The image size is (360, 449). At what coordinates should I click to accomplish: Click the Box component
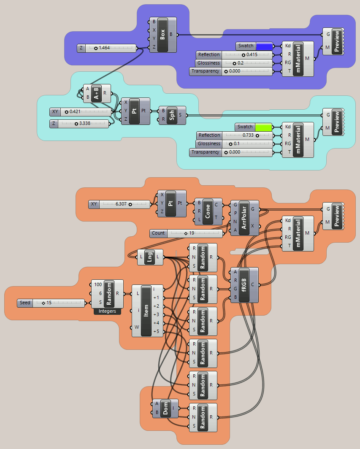tap(162, 35)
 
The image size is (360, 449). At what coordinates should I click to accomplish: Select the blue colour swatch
tap(264, 46)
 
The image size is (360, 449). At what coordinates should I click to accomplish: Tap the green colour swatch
tap(263, 127)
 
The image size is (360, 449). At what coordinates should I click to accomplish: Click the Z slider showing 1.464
tap(107, 48)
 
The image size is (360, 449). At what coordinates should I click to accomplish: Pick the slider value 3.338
tap(84, 124)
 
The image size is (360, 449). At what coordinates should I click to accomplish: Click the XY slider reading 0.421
tap(81, 112)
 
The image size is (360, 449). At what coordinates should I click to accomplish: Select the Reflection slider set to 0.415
tap(235, 55)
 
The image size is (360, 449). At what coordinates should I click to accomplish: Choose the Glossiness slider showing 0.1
tap(235, 144)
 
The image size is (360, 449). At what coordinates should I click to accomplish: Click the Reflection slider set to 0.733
tap(235, 135)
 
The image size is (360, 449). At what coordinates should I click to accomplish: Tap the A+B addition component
tap(97, 93)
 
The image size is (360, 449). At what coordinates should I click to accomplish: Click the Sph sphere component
tap(172, 115)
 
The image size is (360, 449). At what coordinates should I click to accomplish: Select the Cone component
tap(208, 211)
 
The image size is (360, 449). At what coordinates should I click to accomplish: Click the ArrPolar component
tap(244, 218)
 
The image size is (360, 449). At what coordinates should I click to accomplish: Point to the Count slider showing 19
tap(186, 234)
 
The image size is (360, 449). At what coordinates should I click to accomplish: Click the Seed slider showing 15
tap(51, 303)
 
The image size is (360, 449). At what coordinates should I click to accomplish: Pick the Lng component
tap(150, 257)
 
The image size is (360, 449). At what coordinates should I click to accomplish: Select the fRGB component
tap(244, 285)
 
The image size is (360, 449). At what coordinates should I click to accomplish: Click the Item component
tap(147, 311)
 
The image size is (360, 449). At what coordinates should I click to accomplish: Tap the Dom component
tap(165, 408)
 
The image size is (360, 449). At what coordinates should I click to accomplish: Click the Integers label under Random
tap(107, 311)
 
